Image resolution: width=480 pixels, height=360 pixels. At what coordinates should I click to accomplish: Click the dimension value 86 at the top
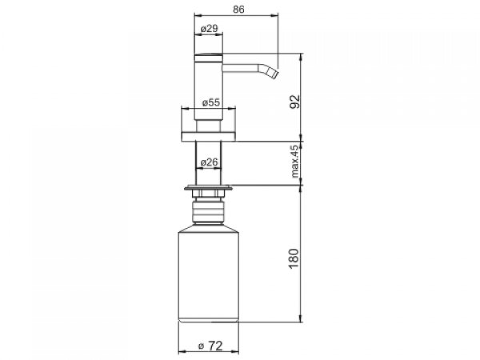pyautogui.click(x=238, y=10)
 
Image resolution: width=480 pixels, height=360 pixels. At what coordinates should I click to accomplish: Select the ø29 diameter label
pyautogui.click(x=210, y=29)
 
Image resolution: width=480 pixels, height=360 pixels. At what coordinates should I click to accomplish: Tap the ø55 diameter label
pyautogui.click(x=211, y=102)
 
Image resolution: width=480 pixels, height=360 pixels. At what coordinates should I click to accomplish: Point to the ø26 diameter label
pyautogui.click(x=210, y=162)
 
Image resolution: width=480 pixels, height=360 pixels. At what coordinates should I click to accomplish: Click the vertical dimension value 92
pyautogui.click(x=295, y=102)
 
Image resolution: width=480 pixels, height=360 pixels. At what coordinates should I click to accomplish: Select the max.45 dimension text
pyautogui.click(x=294, y=162)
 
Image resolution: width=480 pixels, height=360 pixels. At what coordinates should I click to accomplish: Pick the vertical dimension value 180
pyautogui.click(x=294, y=258)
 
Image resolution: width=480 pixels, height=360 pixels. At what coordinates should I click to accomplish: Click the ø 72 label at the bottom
pyautogui.click(x=210, y=346)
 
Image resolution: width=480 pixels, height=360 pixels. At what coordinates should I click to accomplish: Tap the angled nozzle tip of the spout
pyautogui.click(x=273, y=74)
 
